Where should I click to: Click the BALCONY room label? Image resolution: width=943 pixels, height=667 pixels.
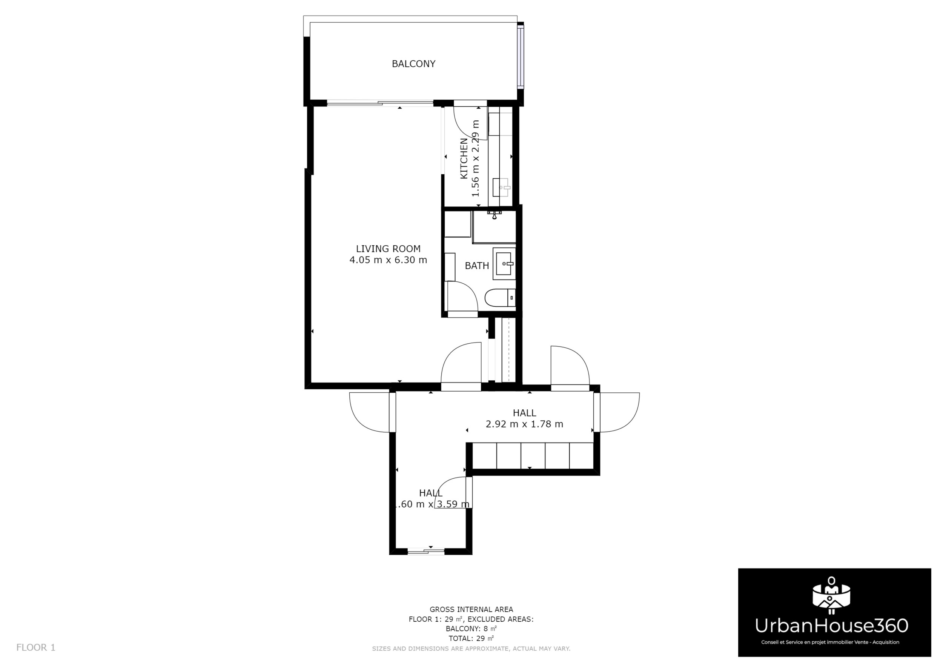tap(413, 64)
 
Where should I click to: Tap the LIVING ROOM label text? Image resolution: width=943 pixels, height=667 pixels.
tap(388, 249)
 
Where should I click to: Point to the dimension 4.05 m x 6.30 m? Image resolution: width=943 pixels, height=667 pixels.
tap(388, 260)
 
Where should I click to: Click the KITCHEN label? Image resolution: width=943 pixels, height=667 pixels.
tap(464, 158)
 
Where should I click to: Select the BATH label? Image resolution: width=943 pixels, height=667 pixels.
tap(477, 266)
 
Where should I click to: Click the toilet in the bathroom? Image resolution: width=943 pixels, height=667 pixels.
tap(499, 298)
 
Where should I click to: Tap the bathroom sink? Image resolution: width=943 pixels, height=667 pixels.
tap(504, 264)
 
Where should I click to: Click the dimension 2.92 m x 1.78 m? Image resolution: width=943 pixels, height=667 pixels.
tap(524, 424)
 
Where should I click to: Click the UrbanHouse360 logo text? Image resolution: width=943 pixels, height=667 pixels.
tap(831, 626)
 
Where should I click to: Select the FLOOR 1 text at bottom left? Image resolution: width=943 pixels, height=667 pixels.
tap(36, 648)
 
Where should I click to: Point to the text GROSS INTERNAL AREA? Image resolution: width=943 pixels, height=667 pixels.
tap(471, 610)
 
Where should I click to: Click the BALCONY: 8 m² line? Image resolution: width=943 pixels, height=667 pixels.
tap(471, 629)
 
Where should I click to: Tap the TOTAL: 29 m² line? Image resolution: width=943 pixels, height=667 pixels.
tap(471, 639)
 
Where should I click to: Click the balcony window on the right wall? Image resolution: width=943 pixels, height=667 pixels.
tap(521, 57)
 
